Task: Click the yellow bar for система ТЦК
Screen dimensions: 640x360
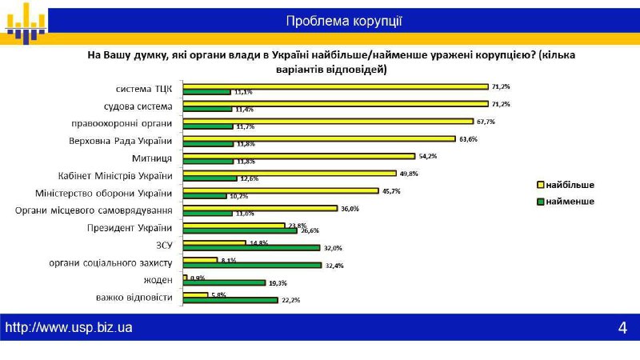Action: point(335,86)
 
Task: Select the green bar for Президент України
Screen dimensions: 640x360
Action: point(240,231)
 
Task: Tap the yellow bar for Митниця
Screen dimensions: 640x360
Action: point(298,156)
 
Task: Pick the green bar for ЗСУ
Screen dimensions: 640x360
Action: point(251,248)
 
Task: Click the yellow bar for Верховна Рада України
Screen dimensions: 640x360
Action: point(319,138)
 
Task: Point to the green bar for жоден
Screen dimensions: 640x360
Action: point(224,283)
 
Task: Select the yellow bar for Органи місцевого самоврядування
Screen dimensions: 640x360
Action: point(260,209)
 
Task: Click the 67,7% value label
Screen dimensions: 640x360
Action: point(486,122)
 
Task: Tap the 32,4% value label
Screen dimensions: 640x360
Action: point(334,266)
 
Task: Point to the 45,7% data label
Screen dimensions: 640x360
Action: point(391,191)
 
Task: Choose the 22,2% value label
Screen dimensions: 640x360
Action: point(290,300)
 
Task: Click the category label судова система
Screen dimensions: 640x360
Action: point(138,106)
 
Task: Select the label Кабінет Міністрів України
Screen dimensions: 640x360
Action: point(115,176)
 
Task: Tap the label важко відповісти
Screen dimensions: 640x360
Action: point(134,298)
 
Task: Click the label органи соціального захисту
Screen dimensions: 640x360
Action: point(110,263)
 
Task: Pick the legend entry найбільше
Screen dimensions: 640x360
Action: point(566,185)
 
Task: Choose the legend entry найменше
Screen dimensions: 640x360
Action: point(566,202)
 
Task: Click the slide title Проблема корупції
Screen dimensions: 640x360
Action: point(344,21)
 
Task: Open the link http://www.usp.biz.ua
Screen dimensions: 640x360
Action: point(69,327)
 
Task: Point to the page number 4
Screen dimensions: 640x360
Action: point(622,327)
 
